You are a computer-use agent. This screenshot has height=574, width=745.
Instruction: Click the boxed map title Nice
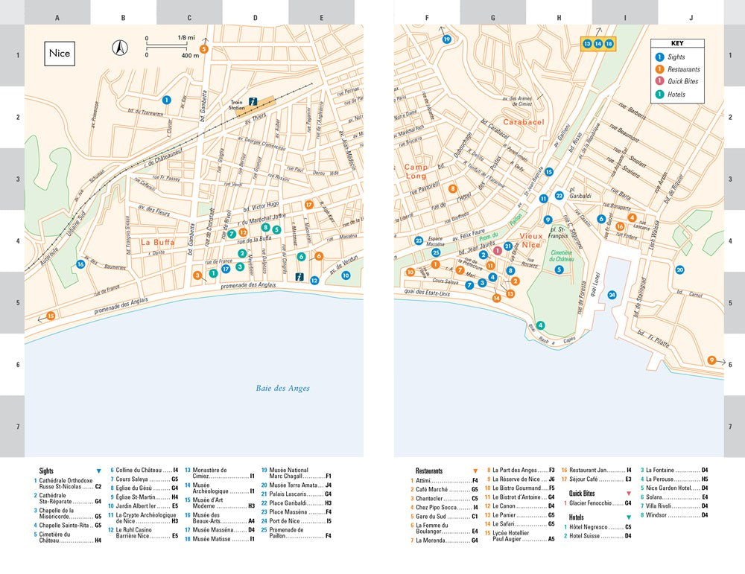pos(60,54)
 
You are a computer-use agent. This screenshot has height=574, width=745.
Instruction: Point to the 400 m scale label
pos(190,55)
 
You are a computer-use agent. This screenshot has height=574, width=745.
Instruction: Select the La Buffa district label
pos(157,242)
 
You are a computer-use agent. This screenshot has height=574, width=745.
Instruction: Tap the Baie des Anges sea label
pos(282,388)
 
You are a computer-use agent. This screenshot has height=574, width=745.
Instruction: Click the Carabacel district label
pos(524,121)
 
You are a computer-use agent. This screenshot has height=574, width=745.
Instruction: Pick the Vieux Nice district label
pos(531,240)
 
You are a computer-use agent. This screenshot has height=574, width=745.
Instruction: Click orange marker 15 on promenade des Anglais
pos(51,316)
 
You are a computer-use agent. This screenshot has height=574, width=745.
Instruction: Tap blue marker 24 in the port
pos(612,295)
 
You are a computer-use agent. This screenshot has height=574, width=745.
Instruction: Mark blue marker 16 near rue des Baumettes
pos(80,264)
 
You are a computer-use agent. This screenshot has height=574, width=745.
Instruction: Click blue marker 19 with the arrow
pos(446,39)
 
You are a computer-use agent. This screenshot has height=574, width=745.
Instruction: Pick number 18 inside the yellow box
pos(609,44)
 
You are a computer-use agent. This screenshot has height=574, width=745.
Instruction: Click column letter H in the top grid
pos(559,17)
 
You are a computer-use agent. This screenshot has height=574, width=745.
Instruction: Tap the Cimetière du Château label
pos(561,256)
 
